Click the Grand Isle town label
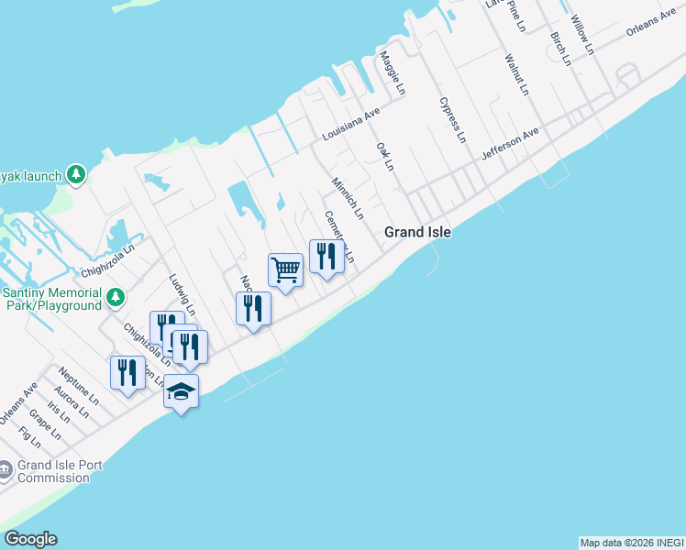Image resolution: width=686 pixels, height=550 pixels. pyautogui.click(x=417, y=232)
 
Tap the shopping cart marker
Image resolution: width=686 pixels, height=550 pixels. pyautogui.click(x=285, y=270)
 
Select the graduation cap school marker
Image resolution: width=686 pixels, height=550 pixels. pyautogui.click(x=182, y=392)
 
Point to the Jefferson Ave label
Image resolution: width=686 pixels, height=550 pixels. pyautogui.click(x=510, y=145)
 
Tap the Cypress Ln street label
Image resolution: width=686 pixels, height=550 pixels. pyautogui.click(x=453, y=120)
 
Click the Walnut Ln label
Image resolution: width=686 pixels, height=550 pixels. pyautogui.click(x=516, y=74)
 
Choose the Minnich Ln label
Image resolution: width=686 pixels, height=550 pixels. pyautogui.click(x=349, y=197)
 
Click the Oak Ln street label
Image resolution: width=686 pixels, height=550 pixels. pyautogui.click(x=384, y=156)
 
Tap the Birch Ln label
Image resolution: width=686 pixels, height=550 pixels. pyautogui.click(x=559, y=48)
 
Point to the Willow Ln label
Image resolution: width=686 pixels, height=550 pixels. pyautogui.click(x=581, y=33)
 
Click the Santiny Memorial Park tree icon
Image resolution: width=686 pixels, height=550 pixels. pyautogui.click(x=116, y=297)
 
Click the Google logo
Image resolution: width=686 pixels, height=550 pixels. pyautogui.click(x=30, y=539)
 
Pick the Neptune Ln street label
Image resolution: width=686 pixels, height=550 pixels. pyautogui.click(x=78, y=387)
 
